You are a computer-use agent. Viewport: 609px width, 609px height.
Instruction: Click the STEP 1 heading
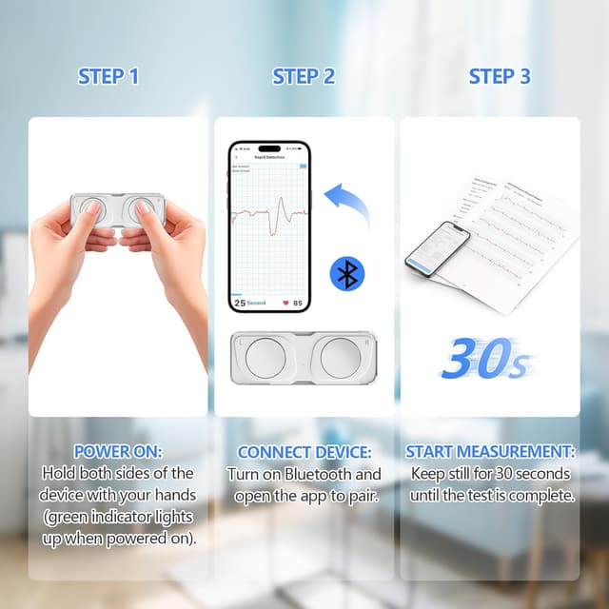click(x=108, y=77)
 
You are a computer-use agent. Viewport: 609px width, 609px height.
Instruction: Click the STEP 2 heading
click(x=304, y=77)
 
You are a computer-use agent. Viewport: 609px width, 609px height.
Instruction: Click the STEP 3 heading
click(x=500, y=77)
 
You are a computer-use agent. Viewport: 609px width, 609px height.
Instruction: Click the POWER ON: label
click(x=118, y=451)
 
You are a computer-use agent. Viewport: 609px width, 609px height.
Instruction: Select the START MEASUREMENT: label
click(x=491, y=451)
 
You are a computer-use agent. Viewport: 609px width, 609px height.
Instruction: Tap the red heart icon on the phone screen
click(x=285, y=303)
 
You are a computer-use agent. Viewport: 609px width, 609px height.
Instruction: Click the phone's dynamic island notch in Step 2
click(x=269, y=148)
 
